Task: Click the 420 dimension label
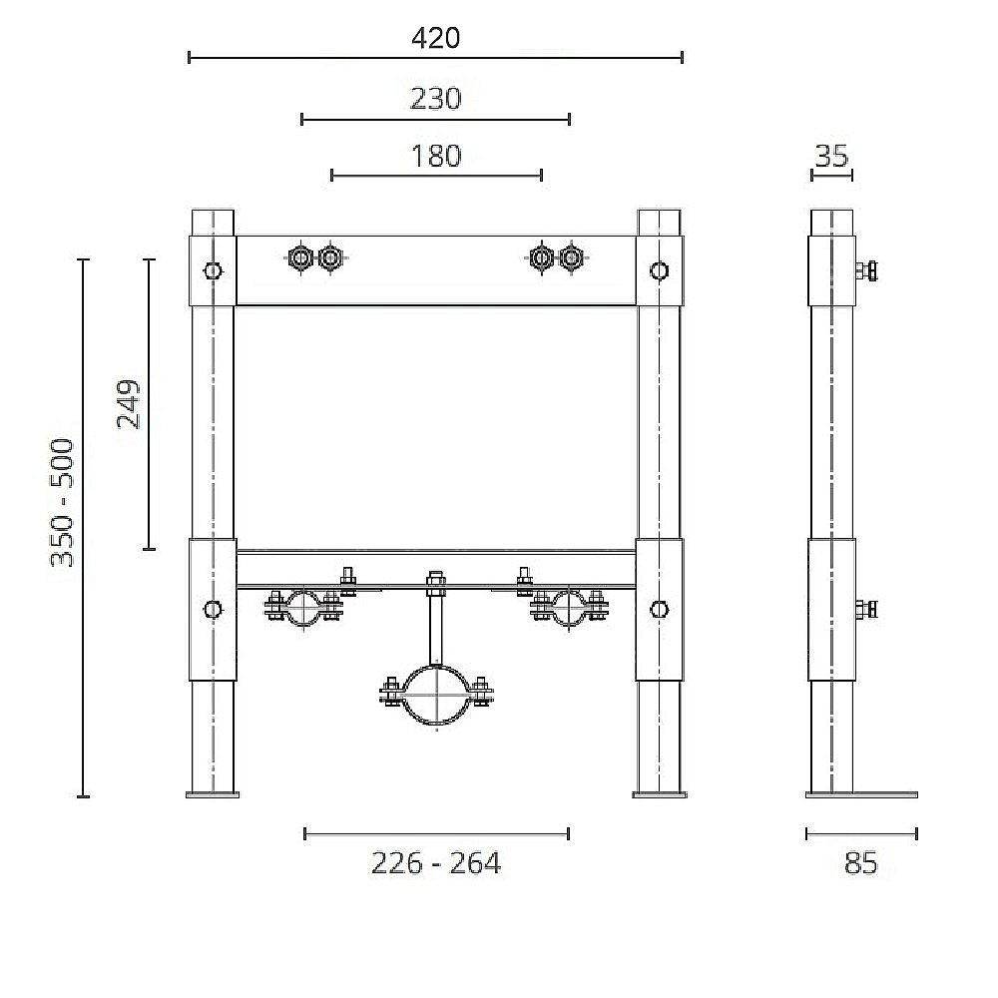pos(436,38)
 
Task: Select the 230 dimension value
pos(436,99)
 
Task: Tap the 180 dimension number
pos(436,156)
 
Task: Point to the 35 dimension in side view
pos(831,156)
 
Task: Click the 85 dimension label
pos(860,863)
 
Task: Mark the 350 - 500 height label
pos(64,502)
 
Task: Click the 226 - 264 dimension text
pos(436,863)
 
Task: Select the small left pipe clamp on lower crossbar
pos(303,607)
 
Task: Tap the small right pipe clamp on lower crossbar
pos(570,607)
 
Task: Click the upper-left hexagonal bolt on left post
pos(213,270)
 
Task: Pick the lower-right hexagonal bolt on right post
pos(659,609)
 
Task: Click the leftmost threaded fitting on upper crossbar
pos(298,258)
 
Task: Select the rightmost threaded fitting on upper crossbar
pos(571,258)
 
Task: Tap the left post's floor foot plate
pos(213,794)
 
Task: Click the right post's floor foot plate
pos(659,794)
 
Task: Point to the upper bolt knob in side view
pos(867,270)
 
